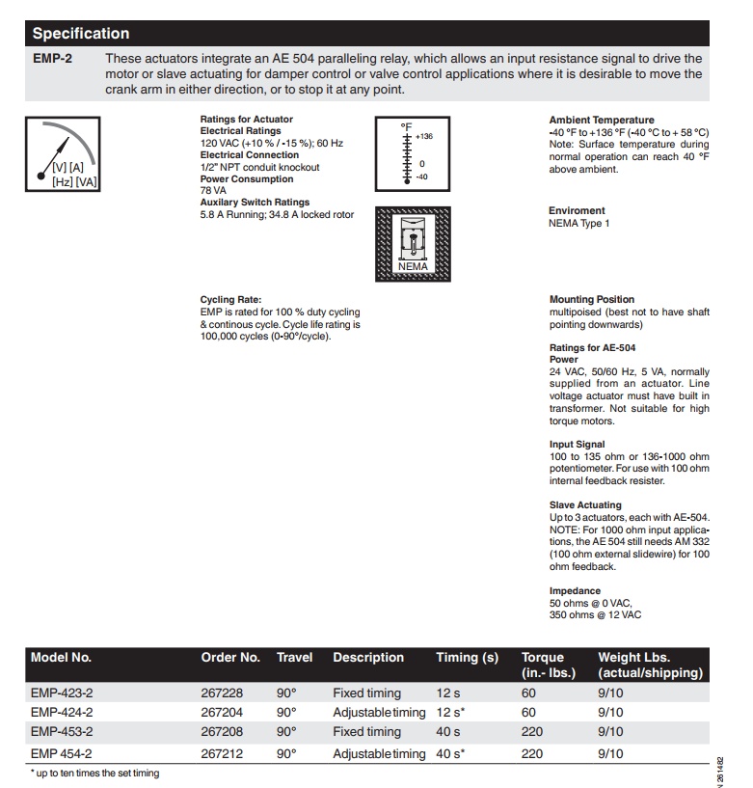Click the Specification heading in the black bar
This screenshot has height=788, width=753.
tap(81, 34)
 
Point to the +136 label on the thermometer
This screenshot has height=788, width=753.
tap(424, 136)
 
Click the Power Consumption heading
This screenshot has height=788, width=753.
tap(247, 179)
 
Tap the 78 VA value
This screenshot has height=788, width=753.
tap(212, 191)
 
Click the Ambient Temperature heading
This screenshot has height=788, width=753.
tap(602, 121)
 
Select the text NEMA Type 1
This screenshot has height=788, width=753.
tap(579, 224)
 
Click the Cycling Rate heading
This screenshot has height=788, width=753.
tap(230, 300)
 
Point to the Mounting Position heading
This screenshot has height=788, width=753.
tap(592, 300)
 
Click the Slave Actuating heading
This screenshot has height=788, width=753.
tap(585, 505)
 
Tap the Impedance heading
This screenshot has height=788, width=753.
tap(575, 591)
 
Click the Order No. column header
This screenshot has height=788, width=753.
tap(230, 658)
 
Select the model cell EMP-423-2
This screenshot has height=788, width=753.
tap(62, 693)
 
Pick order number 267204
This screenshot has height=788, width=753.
tap(222, 713)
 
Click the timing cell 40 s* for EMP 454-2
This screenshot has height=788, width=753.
tap(450, 754)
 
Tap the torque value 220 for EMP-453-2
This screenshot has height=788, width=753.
tap(532, 732)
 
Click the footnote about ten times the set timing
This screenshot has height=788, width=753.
tap(94, 774)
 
